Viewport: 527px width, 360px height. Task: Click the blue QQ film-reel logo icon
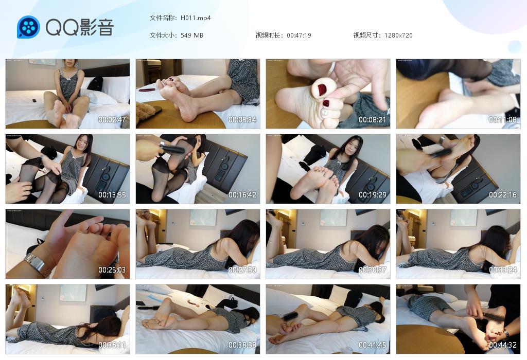click(28, 27)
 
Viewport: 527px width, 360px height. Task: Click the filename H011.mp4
click(196, 18)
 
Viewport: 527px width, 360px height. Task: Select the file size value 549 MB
click(192, 35)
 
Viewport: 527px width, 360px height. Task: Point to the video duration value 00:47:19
click(299, 35)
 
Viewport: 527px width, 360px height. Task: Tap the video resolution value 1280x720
click(398, 35)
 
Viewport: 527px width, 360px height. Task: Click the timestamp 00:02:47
click(112, 120)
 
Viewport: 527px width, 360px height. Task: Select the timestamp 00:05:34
click(242, 120)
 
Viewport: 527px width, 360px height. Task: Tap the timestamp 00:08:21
click(373, 120)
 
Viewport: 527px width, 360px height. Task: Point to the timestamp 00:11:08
click(503, 120)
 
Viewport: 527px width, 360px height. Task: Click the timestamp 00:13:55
click(112, 195)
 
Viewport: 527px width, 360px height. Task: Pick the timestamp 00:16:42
click(242, 195)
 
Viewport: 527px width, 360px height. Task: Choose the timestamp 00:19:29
click(373, 195)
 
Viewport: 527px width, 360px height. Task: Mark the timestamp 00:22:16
click(503, 195)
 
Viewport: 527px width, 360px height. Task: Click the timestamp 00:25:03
click(112, 270)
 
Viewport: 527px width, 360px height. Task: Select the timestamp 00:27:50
click(242, 270)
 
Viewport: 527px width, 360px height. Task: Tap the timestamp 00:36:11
click(112, 345)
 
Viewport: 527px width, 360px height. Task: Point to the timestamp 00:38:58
click(242, 345)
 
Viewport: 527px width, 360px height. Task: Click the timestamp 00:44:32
click(503, 345)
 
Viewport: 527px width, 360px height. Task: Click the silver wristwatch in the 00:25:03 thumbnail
click(38, 265)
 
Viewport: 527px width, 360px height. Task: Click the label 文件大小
click(163, 35)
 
